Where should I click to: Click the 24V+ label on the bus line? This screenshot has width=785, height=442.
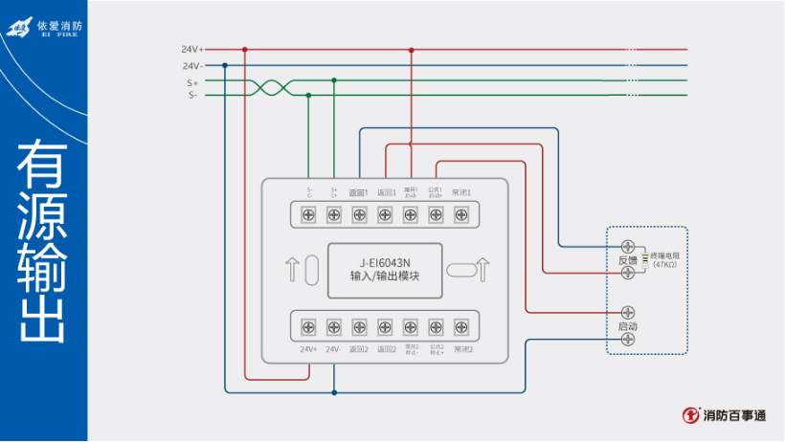tap(192, 49)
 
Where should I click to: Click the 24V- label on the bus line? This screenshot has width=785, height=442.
tap(192, 66)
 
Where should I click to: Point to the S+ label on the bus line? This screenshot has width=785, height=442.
tap(192, 82)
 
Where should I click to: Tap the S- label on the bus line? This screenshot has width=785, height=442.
tap(192, 95)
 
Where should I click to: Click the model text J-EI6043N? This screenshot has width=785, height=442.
tap(385, 262)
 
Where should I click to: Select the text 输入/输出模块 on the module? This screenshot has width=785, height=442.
tap(385, 276)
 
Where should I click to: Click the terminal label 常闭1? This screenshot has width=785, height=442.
tap(461, 192)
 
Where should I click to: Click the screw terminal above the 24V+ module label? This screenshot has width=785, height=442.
tap(309, 328)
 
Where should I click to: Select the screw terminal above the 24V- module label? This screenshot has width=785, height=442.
tap(334, 328)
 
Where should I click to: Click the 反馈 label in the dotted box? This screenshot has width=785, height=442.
tap(627, 259)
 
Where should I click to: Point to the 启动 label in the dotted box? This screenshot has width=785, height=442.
tap(627, 326)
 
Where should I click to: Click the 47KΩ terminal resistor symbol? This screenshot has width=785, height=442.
tap(645, 259)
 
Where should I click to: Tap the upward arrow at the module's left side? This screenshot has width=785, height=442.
tap(291, 271)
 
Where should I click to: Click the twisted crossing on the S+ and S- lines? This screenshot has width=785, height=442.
tap(269, 88)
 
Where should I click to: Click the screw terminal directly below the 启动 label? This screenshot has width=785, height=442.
tap(628, 339)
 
